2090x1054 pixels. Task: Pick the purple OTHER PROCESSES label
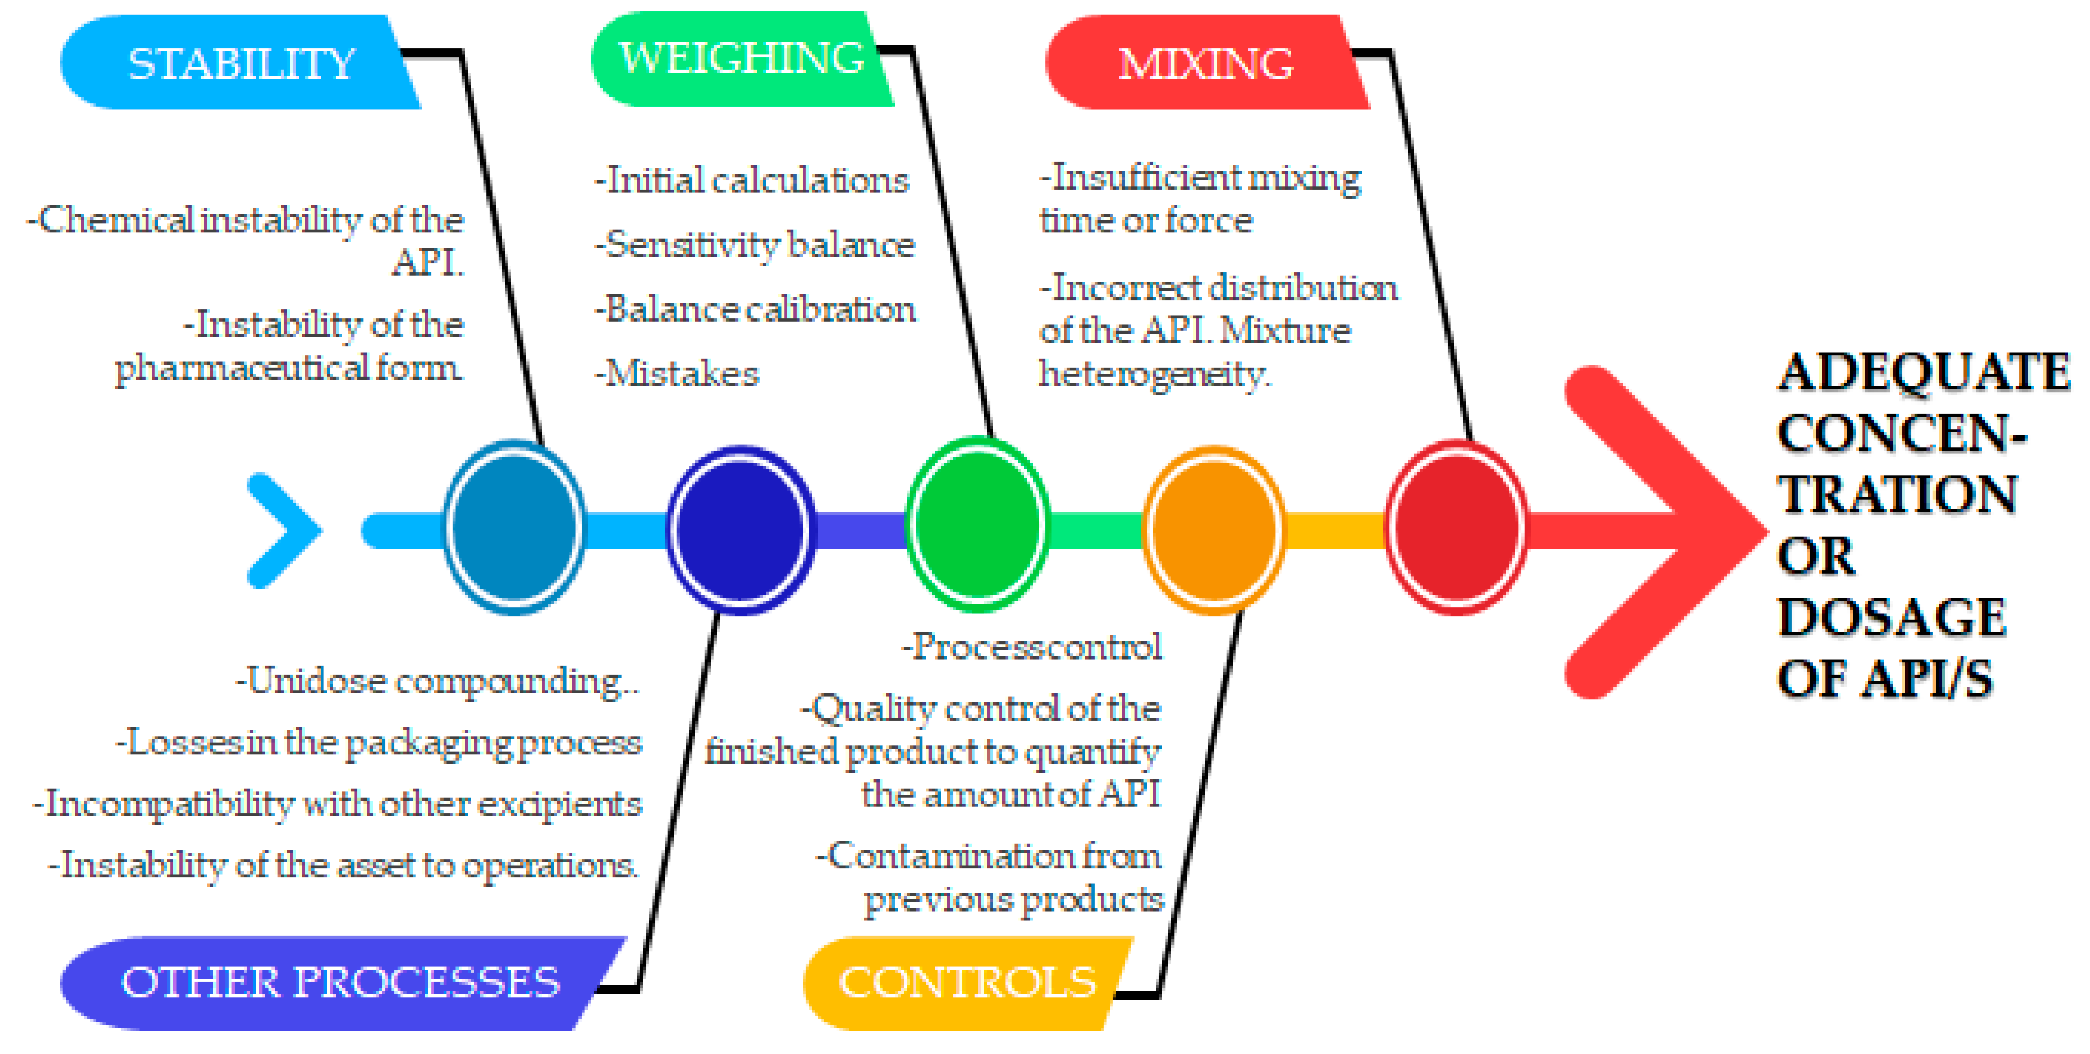340,983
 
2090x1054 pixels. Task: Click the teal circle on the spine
513,528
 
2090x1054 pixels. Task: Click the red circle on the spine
1456,528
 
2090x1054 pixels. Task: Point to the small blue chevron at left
284,530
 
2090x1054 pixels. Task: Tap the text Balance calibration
756,309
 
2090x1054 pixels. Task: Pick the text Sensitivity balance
756,244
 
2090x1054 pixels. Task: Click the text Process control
1033,647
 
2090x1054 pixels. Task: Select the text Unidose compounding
437,681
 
